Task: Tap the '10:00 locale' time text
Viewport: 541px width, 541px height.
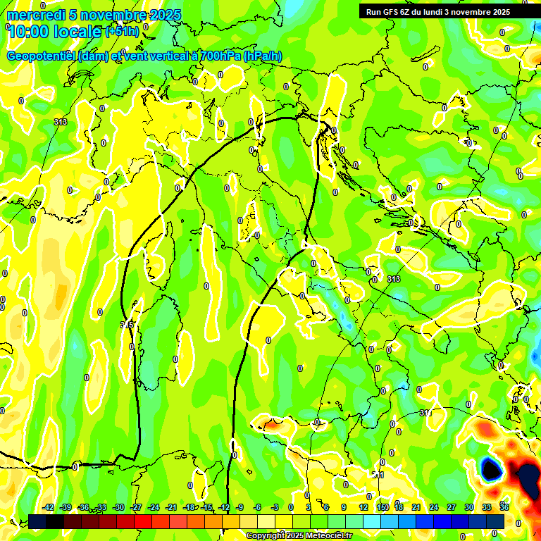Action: pos(55,31)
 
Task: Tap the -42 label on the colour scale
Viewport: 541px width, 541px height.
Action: pos(49,507)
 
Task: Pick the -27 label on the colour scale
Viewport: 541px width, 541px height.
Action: pos(136,507)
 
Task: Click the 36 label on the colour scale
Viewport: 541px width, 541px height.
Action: pos(504,507)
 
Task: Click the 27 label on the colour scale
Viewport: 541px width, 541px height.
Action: pos(451,507)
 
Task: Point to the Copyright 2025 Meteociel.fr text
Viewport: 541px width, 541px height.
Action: pos(299,535)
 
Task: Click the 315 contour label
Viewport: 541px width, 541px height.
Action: pos(127,324)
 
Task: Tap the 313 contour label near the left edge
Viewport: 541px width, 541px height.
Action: pos(61,122)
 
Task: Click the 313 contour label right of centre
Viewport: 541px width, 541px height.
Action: pos(394,279)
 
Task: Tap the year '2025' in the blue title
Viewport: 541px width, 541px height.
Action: pos(164,15)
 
